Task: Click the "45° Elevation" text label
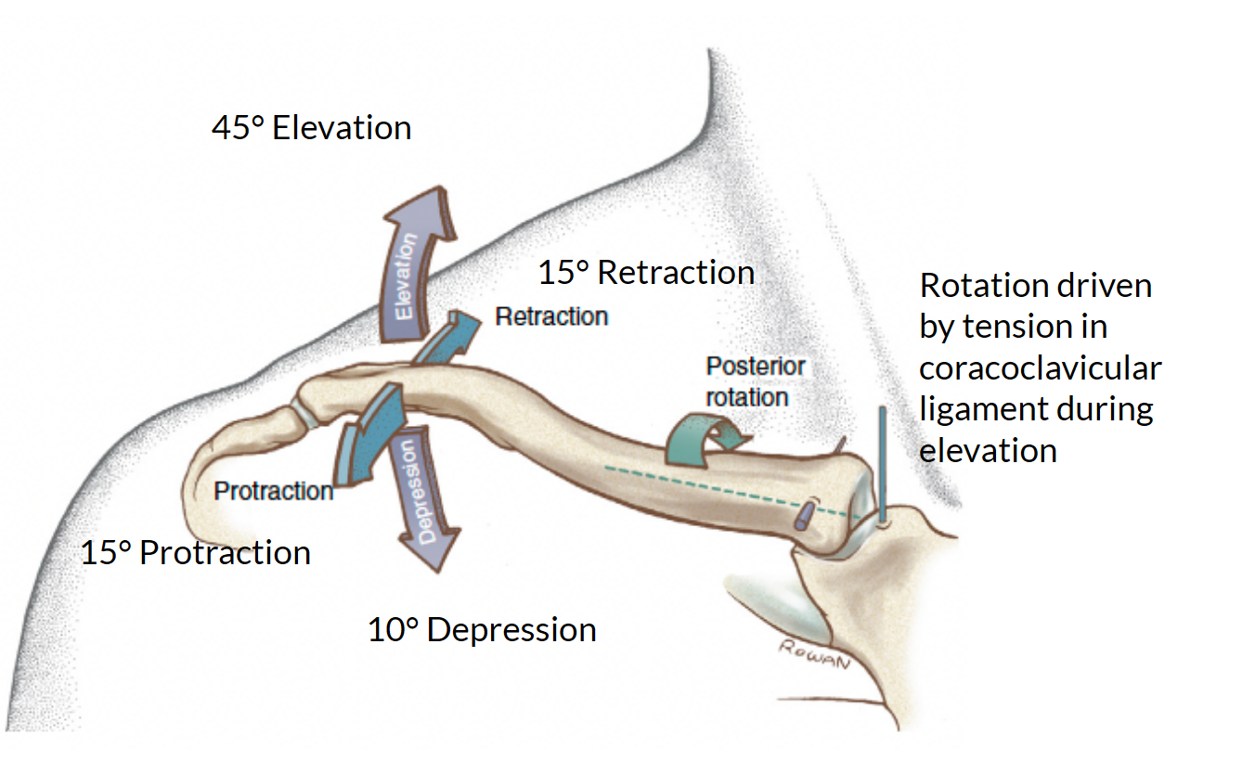311,128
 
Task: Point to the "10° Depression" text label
482,630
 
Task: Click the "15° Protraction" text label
195,553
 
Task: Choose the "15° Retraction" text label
646,273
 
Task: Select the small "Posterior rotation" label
754,381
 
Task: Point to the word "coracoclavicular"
1040,368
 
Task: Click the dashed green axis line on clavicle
705,487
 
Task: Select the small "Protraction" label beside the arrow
274,491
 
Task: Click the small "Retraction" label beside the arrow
551,316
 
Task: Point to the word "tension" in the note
1026,327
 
